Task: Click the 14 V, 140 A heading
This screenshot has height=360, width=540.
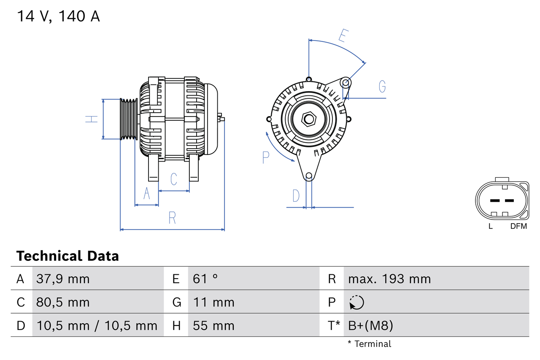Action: pos(58,16)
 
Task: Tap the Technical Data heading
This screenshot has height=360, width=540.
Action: pos(67,256)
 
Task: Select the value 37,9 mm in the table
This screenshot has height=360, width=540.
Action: pos(63,279)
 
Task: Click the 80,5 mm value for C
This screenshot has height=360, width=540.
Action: pos(63,302)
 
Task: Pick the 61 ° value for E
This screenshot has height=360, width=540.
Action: pos(205,279)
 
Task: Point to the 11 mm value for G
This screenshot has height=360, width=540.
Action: pos(213,302)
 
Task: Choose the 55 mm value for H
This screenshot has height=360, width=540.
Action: pos(213,325)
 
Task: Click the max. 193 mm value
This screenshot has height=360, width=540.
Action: pos(389,279)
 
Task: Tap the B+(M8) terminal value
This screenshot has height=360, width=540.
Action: pos(370,325)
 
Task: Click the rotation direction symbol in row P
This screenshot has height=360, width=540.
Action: pos(356,302)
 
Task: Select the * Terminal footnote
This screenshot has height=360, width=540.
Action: pos(369,344)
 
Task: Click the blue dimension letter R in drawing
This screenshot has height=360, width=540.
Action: pos(172,218)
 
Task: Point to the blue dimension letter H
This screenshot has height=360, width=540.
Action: pos(92,119)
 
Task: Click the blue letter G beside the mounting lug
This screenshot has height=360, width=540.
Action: pos(382,86)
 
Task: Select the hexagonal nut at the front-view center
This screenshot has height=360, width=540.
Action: pos(309,119)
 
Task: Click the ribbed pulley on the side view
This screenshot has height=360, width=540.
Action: pos(129,119)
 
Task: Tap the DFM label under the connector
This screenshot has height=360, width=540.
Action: pos(518,226)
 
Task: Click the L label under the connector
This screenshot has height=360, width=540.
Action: pos(490,226)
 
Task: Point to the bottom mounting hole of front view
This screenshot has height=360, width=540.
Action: pos(309,176)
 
